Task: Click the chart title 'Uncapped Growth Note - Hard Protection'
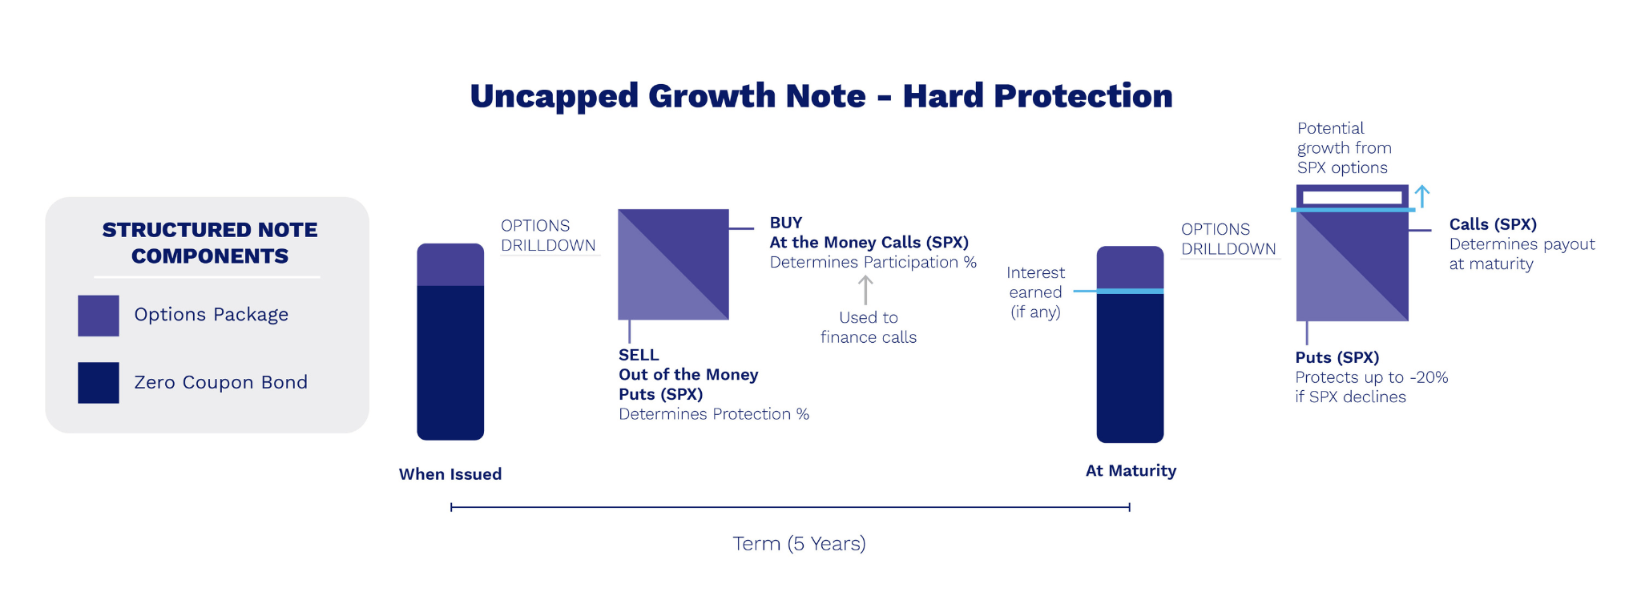click(x=820, y=96)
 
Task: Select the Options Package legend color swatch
click(x=99, y=316)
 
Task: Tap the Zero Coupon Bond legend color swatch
click(x=99, y=383)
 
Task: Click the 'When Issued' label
click(x=450, y=474)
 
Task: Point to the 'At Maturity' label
click(x=1131, y=471)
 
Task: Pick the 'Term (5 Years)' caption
click(x=799, y=544)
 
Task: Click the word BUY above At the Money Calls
click(x=786, y=223)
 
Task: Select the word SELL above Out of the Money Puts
click(x=639, y=355)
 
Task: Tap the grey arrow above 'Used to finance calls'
click(x=865, y=290)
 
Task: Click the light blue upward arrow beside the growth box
click(x=1422, y=196)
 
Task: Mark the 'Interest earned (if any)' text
click(x=1035, y=292)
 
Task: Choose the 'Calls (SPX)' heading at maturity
click(x=1493, y=224)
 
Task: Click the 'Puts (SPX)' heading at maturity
click(x=1337, y=357)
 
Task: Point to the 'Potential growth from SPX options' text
click(x=1345, y=148)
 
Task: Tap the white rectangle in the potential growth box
click(x=1352, y=197)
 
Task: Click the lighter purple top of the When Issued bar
click(x=450, y=264)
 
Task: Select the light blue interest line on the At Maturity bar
click(x=1119, y=291)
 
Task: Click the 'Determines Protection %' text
click(x=714, y=414)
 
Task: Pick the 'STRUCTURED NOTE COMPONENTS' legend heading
click(x=210, y=243)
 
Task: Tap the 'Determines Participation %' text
click(x=873, y=262)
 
